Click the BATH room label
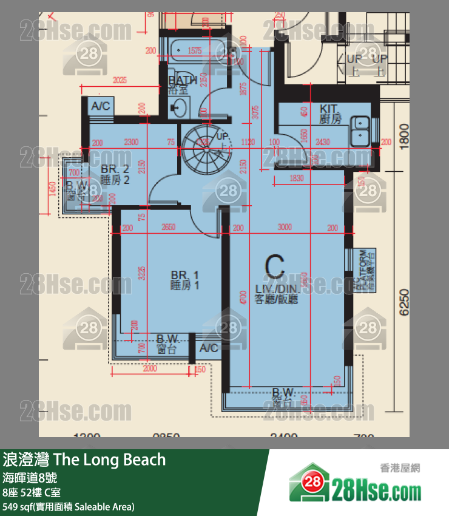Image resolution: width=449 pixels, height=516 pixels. (182, 80)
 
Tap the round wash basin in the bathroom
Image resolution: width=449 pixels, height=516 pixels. (178, 109)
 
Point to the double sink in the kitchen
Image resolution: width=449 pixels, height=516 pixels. (360, 127)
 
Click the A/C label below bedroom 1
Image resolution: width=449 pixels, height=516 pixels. (209, 348)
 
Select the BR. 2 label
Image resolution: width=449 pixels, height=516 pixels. (115, 169)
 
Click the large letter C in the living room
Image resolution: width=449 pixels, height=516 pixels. (275, 265)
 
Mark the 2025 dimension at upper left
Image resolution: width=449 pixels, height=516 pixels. (120, 80)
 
